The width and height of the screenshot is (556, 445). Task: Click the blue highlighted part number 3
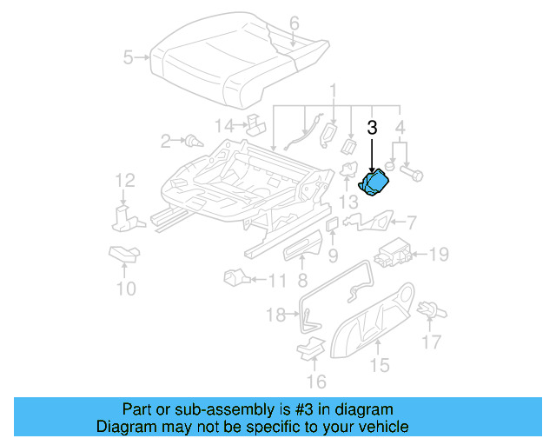pyautogui.click(x=375, y=183)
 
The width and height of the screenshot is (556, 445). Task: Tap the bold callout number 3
pyautogui.click(x=372, y=127)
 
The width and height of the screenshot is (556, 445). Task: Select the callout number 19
pyautogui.click(x=439, y=255)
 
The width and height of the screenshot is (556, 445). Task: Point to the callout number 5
pyautogui.click(x=129, y=58)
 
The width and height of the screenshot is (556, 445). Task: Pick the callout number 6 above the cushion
pyautogui.click(x=294, y=23)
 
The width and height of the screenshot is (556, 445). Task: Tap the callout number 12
pyautogui.click(x=126, y=181)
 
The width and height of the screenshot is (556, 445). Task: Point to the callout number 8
pyautogui.click(x=301, y=280)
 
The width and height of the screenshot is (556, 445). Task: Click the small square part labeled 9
pyautogui.click(x=332, y=224)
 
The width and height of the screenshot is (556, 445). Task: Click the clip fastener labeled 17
pyautogui.click(x=427, y=309)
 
